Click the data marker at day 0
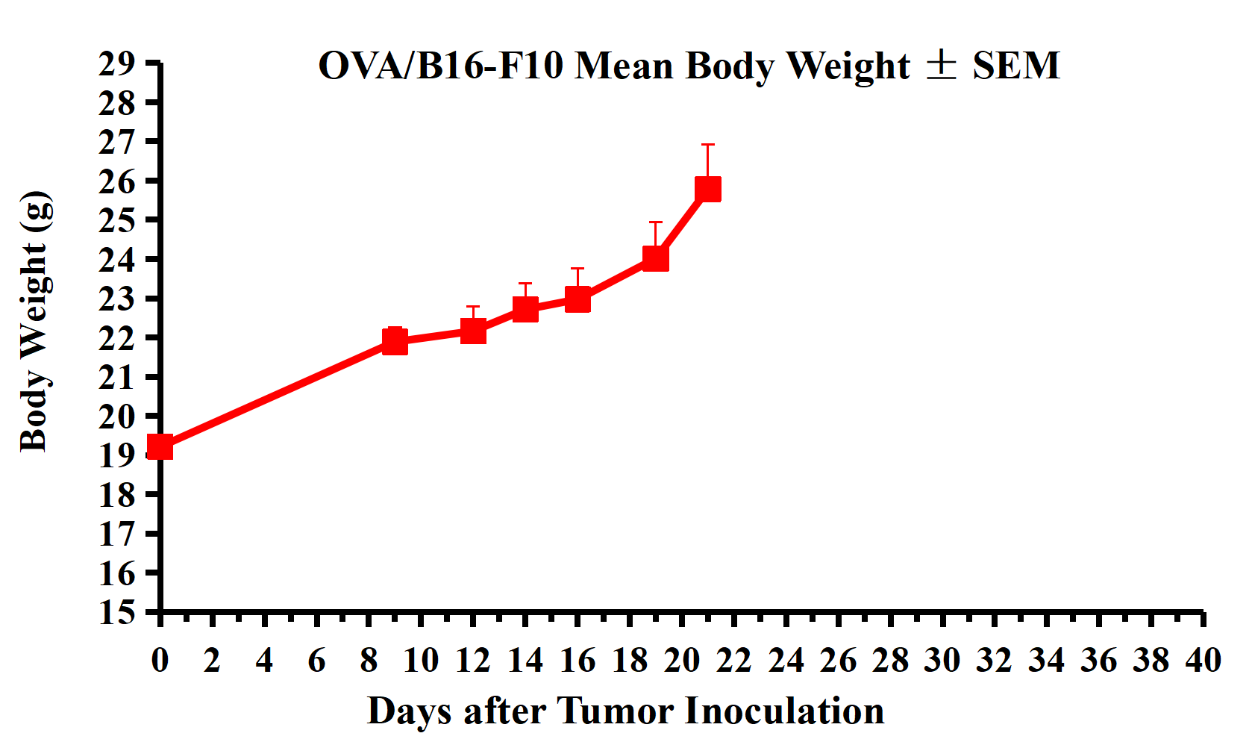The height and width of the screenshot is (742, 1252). point(160,447)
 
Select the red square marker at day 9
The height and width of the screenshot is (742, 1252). point(395,341)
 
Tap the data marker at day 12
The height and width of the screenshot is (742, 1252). point(473,330)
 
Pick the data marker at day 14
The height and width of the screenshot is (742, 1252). point(525,308)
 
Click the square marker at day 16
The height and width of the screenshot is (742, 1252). point(578,299)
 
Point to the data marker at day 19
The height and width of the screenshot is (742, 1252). point(655,258)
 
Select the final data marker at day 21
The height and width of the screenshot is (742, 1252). point(707,189)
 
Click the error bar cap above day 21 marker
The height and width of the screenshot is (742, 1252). point(707,145)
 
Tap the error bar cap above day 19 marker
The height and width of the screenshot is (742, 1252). point(655,222)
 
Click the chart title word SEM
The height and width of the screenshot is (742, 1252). point(1015,66)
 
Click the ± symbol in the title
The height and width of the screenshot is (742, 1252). point(941,65)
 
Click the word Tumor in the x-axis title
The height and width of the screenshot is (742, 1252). point(616,711)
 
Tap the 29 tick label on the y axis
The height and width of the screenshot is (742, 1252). point(117,64)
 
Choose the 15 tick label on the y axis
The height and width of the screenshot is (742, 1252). point(117,612)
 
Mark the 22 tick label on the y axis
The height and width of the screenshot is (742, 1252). point(117,338)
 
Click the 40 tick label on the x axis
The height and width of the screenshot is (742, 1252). point(1203,661)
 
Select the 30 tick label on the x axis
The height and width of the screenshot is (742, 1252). point(942,661)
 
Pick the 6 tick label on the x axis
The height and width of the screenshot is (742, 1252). point(316,661)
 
